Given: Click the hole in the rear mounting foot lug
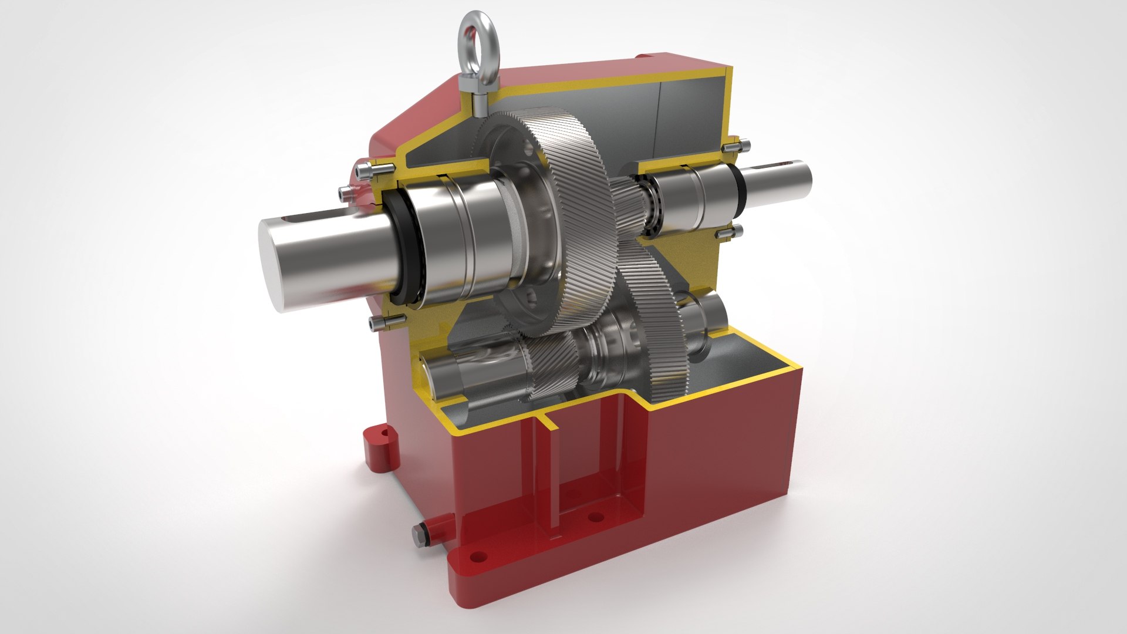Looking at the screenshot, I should coord(385,433).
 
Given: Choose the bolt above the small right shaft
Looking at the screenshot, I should coord(737,144).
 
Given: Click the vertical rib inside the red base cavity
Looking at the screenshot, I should coord(551,470).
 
